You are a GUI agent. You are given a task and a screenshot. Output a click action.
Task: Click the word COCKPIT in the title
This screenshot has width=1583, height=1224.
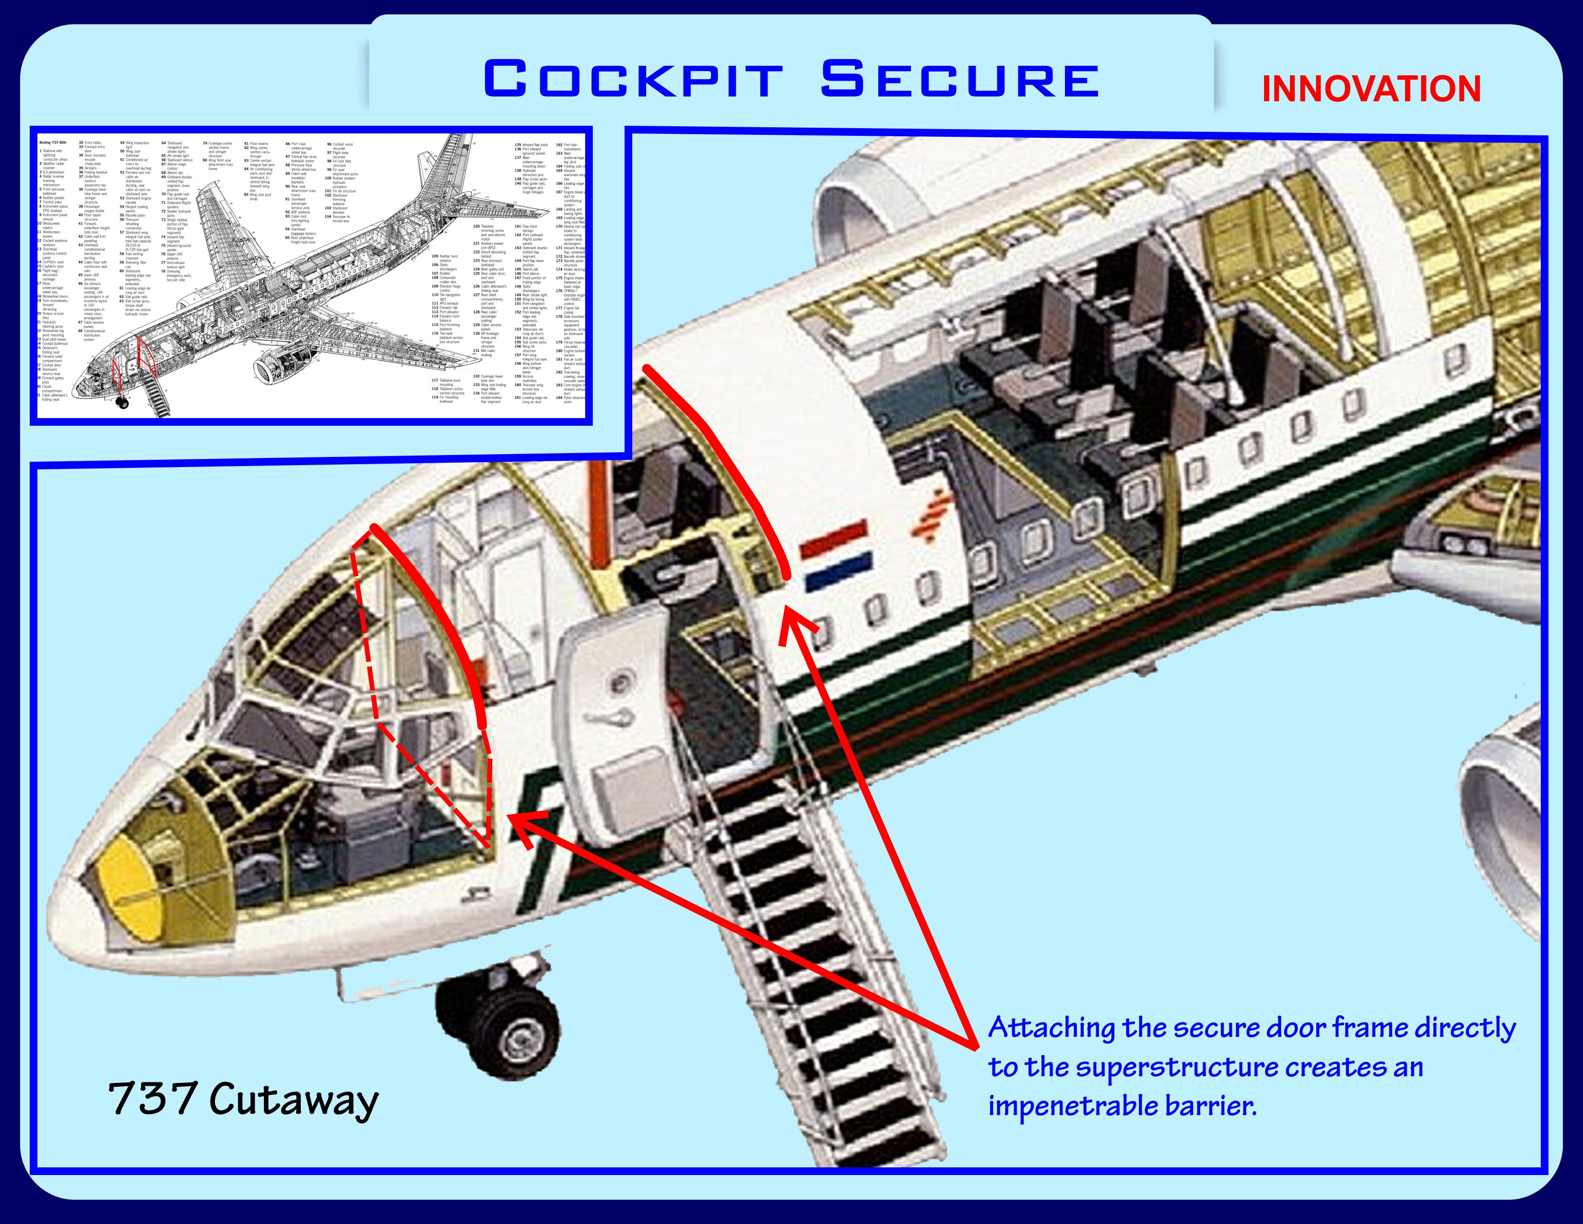632,79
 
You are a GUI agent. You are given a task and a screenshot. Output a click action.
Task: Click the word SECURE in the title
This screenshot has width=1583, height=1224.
960,79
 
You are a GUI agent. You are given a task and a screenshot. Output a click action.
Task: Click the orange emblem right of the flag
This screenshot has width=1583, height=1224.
932,516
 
